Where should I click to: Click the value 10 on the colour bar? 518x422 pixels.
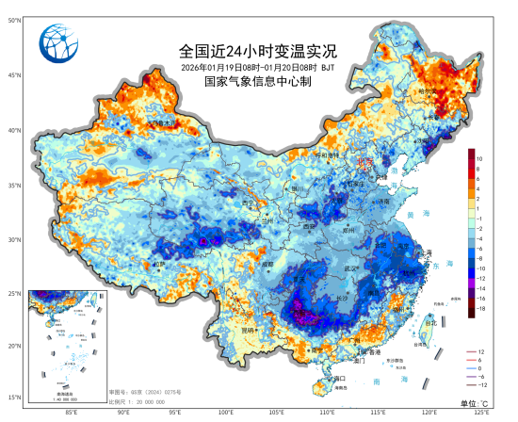(479, 159)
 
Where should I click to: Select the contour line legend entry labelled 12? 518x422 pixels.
(479, 351)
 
